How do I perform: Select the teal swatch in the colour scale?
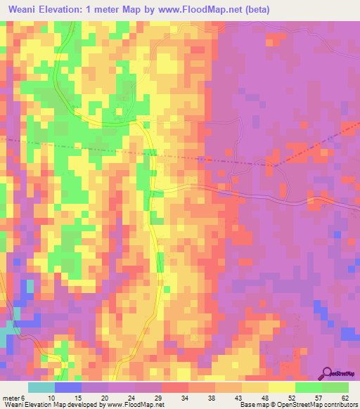click(x=41, y=387)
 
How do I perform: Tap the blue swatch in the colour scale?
click(x=68, y=387)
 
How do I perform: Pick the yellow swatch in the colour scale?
click(x=282, y=387)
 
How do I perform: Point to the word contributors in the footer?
click(x=339, y=405)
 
